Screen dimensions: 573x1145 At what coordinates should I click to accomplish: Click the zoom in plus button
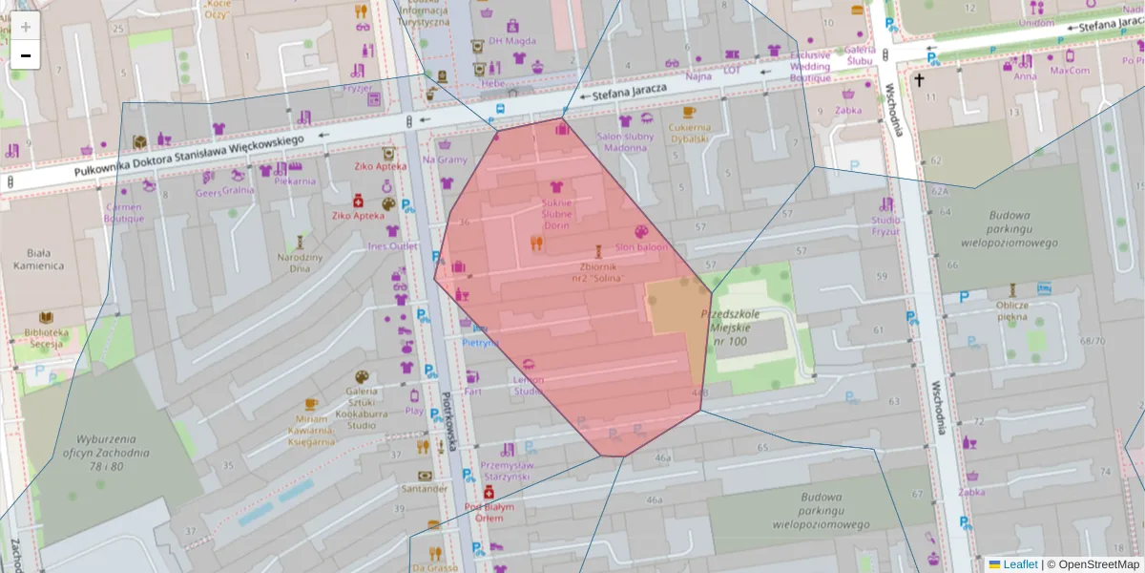(x=26, y=27)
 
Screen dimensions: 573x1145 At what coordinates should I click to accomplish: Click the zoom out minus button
(x=26, y=55)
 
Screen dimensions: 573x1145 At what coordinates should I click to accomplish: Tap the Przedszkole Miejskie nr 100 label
(x=729, y=327)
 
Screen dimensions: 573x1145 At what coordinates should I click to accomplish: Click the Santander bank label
(x=425, y=489)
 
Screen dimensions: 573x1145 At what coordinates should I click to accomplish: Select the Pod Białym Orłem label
(x=489, y=512)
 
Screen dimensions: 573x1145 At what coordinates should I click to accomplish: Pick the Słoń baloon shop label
(x=641, y=247)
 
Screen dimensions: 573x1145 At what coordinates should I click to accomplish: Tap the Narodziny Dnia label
(x=301, y=263)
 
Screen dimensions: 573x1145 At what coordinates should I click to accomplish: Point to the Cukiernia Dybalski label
(x=689, y=133)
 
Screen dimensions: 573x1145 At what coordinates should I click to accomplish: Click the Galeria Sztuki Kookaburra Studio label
(x=361, y=407)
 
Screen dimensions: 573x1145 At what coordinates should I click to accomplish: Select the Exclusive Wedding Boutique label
(x=810, y=67)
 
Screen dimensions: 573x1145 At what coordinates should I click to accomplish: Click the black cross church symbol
(x=920, y=81)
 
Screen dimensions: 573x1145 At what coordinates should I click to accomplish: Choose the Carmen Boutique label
(x=124, y=212)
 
